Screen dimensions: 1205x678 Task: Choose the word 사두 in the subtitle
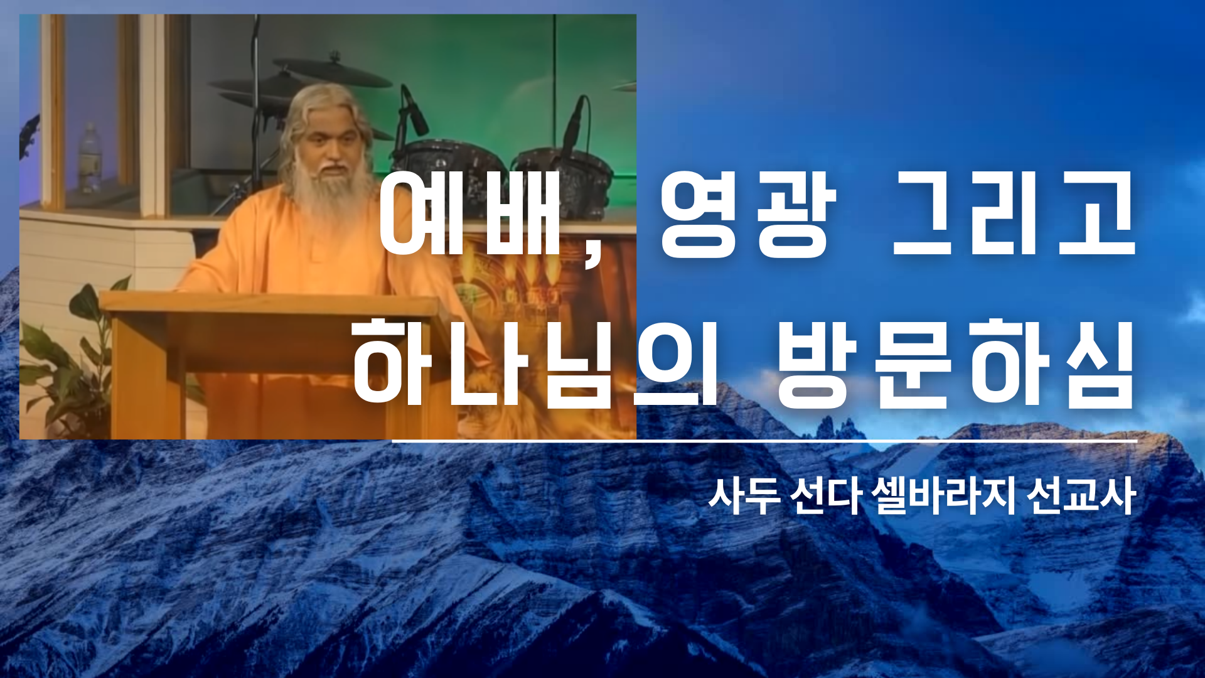coord(744,496)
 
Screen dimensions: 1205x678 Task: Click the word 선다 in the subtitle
coord(825,496)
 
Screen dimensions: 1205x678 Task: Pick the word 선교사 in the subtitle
coord(1081,496)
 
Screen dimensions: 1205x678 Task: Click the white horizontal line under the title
coord(764,441)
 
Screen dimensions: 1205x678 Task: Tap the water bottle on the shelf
coord(89,158)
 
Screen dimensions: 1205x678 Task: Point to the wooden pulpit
coord(276,364)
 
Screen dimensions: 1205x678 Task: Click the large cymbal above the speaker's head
coord(333,71)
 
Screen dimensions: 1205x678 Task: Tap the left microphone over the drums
coord(414,112)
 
